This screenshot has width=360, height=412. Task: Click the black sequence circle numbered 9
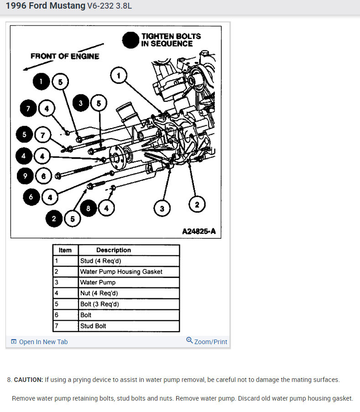coord(25,175)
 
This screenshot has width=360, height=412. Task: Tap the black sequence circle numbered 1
coord(41,82)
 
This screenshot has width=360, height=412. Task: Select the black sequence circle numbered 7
coord(28,108)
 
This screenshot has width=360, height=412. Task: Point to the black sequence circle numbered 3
coord(80,103)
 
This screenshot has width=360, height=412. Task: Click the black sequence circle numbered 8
coord(89,208)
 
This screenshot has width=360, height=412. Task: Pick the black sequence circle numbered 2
coord(54,219)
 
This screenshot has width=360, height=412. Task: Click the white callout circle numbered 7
coord(43,135)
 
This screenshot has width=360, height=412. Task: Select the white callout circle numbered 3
coord(162,209)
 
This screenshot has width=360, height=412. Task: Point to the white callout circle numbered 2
coord(197,205)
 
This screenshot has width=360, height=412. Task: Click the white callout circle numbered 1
coord(119,76)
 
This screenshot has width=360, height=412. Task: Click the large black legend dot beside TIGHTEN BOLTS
coord(130,40)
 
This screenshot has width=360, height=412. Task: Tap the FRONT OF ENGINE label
coord(65,57)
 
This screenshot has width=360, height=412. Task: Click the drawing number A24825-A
coord(198,232)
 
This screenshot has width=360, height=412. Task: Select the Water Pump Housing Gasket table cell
coord(121,272)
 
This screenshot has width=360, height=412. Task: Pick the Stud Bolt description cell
coord(94,326)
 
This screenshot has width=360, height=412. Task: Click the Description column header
coord(114,250)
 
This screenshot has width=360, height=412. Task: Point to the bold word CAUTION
coord(28,380)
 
